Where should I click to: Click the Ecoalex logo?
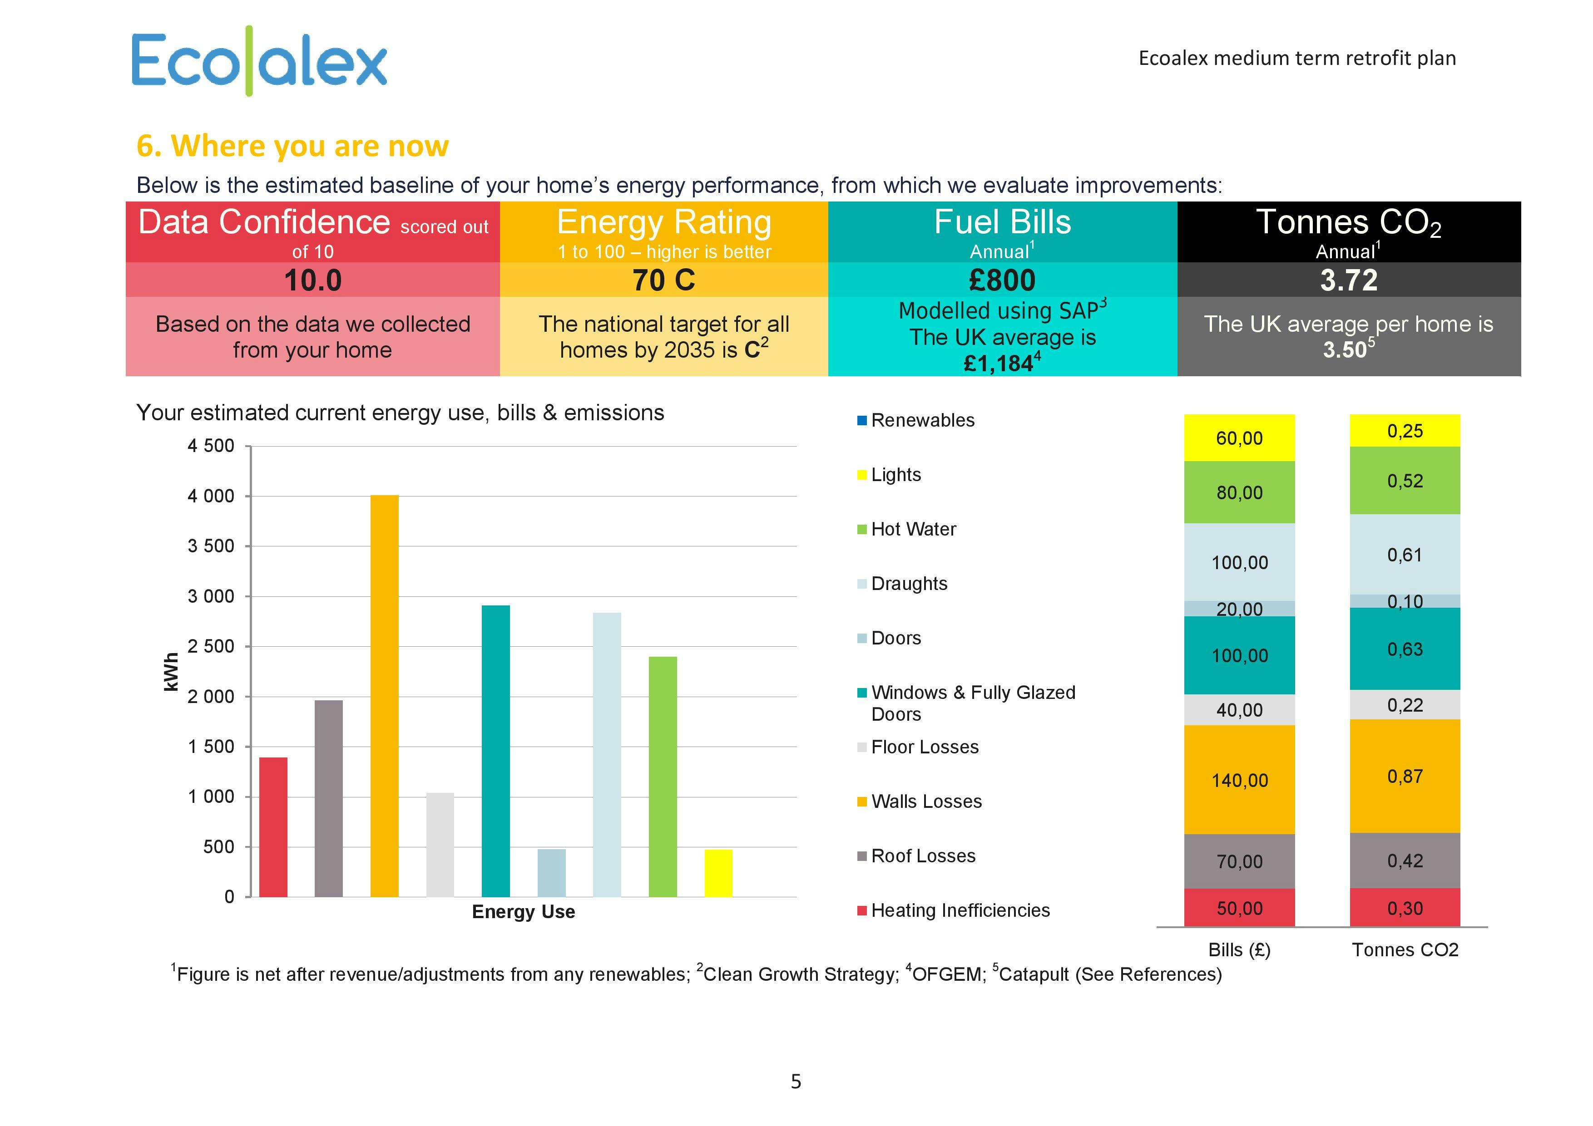[x=259, y=61]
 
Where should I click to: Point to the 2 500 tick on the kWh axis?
[x=211, y=646]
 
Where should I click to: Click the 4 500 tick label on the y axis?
[x=211, y=446]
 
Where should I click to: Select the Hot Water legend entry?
[x=913, y=529]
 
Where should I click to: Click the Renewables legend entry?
[x=922, y=420]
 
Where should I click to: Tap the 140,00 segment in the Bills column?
[x=1239, y=780]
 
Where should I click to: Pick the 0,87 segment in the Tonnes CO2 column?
[x=1404, y=776]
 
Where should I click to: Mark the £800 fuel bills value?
[x=1002, y=280]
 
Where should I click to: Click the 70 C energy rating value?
[x=663, y=280]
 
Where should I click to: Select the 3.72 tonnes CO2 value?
[x=1348, y=280]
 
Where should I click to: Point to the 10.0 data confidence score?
[x=312, y=280]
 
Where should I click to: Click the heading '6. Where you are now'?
[x=292, y=146]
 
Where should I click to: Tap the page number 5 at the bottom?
[x=796, y=1081]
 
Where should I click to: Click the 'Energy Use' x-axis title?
[x=523, y=912]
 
